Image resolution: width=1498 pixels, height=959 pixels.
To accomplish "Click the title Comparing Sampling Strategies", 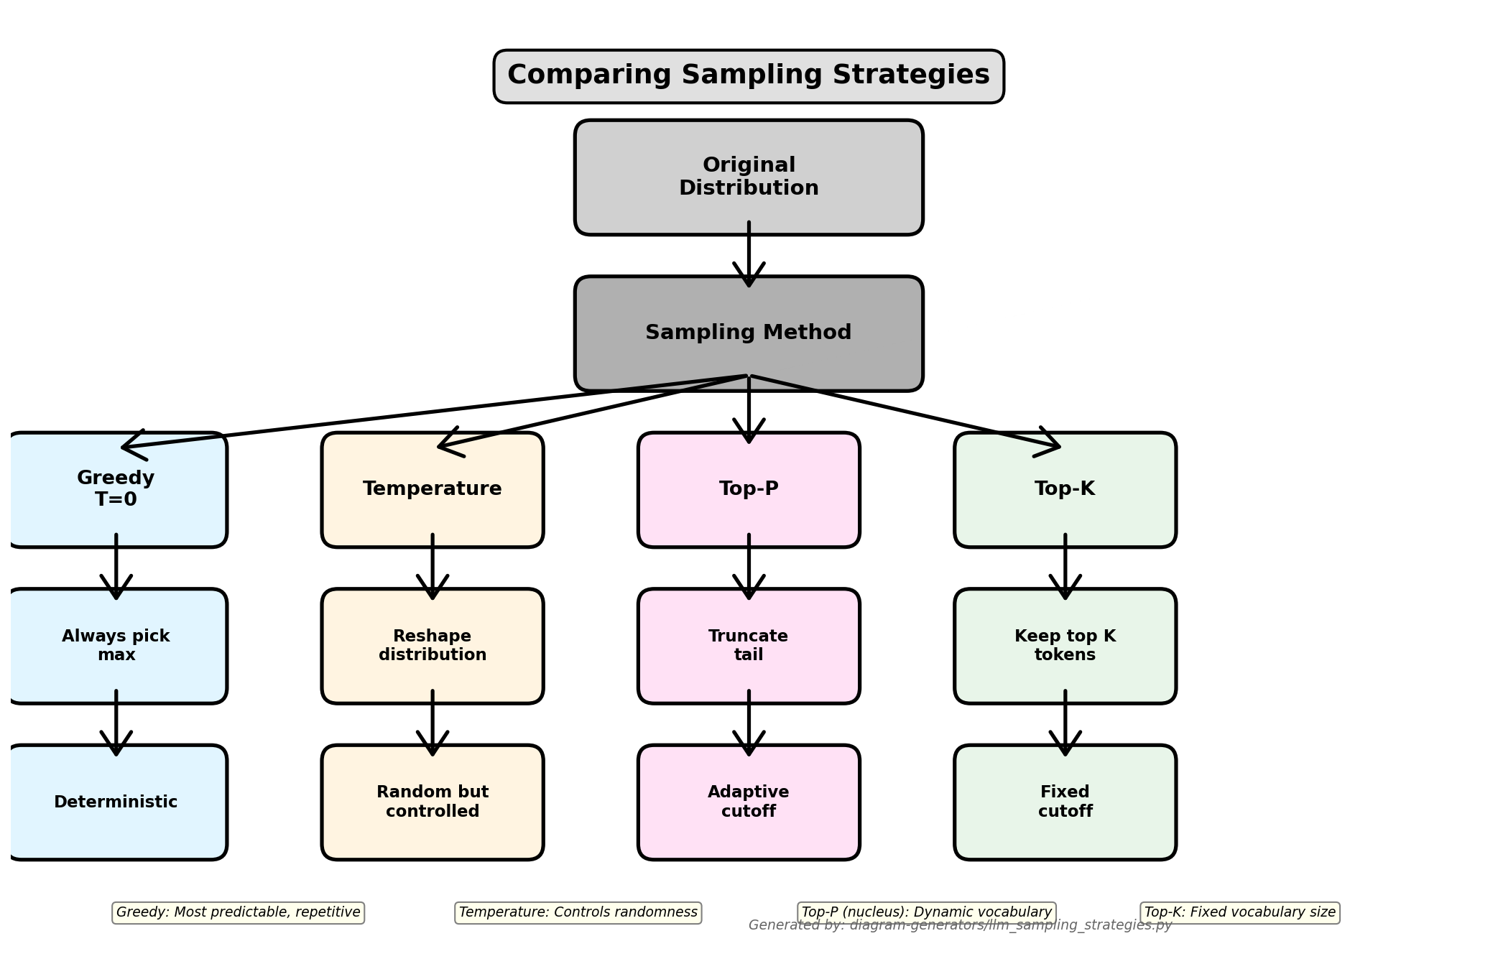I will point(749,76).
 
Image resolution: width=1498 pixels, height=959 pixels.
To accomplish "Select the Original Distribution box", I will point(749,177).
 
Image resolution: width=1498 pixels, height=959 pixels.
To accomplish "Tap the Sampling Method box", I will point(749,333).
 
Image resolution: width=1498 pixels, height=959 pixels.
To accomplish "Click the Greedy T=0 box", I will point(116,489).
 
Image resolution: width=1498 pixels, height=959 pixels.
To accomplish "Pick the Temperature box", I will point(433,489).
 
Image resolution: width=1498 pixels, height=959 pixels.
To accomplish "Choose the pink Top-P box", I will point(749,489).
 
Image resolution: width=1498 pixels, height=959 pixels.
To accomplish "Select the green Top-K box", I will point(1065,489).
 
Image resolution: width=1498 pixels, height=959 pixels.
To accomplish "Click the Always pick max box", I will point(116,646).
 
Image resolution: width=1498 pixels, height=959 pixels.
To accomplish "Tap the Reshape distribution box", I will point(433,646).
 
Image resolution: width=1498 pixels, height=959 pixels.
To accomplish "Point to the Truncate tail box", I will point(749,646).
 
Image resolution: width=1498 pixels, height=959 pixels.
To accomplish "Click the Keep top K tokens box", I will point(1065,646).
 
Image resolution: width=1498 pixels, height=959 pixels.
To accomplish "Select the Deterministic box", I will point(116,802).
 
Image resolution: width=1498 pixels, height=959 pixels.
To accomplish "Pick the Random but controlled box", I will point(433,802).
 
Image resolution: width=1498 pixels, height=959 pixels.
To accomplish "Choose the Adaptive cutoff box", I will point(749,802).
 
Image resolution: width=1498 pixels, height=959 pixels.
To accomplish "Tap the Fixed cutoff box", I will point(1065,802).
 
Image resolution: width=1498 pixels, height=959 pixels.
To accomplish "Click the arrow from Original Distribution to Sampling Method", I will point(749,255).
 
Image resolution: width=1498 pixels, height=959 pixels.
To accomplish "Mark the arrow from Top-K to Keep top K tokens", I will point(1065,567).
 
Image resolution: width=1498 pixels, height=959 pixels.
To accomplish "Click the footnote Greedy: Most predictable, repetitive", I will point(239,912).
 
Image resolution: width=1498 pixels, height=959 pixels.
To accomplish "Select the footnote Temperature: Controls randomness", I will point(578,912).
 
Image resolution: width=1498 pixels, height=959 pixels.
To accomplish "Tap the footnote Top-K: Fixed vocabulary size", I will point(1240,912).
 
